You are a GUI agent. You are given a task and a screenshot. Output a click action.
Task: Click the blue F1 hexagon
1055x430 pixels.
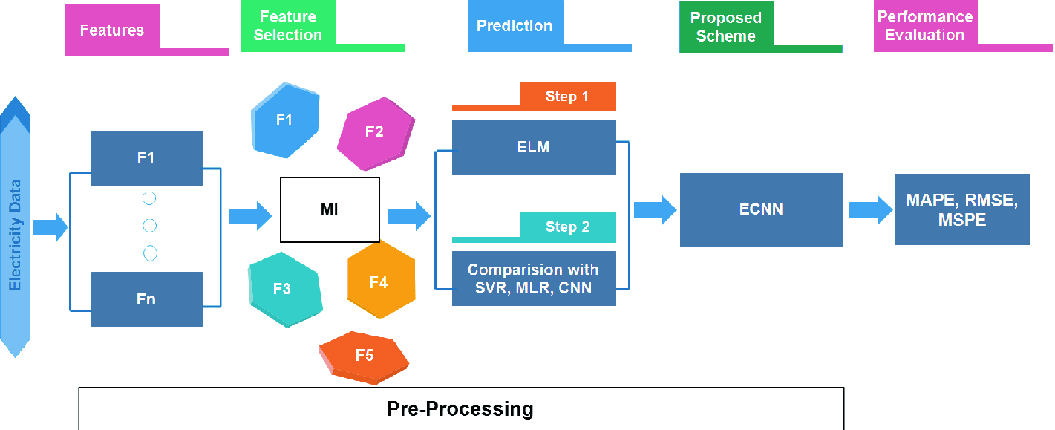pos(285,120)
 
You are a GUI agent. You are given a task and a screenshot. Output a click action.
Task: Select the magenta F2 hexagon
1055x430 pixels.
pos(376,133)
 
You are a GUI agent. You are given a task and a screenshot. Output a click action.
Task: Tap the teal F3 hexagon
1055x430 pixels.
pos(285,289)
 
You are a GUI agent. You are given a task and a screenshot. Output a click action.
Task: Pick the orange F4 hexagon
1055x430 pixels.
pos(381,280)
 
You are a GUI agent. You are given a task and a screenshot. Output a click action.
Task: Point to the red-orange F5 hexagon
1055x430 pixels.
pos(364,357)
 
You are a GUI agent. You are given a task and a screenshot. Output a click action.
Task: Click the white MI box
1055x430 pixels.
pos(330,209)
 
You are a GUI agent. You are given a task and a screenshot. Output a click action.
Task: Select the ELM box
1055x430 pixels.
pos(534,147)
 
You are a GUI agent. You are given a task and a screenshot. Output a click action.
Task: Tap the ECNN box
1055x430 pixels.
pos(761,209)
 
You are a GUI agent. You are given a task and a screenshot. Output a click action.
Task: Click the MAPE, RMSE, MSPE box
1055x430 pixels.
pos(962,209)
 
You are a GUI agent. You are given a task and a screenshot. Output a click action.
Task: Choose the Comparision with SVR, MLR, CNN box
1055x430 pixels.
pos(534,278)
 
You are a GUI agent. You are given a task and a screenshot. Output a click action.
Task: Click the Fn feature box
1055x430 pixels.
pos(146,299)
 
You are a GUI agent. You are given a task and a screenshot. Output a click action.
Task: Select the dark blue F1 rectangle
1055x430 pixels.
pos(146,157)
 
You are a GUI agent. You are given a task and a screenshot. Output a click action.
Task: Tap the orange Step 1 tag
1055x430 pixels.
pos(567,96)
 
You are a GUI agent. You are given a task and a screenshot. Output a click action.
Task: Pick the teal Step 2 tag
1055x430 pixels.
pos(567,227)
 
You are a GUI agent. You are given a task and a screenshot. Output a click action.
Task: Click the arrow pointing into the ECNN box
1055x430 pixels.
pos(655,209)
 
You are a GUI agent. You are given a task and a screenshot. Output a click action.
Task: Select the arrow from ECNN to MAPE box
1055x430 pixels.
pos(870,209)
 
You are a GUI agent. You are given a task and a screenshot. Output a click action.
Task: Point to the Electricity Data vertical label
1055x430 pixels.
pos(15,235)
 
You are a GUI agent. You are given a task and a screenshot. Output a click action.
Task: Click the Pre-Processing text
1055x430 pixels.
pos(460,408)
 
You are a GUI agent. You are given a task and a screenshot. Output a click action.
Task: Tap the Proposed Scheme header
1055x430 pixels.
pos(726,27)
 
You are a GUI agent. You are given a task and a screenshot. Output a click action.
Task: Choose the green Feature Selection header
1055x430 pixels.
pos(288,26)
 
